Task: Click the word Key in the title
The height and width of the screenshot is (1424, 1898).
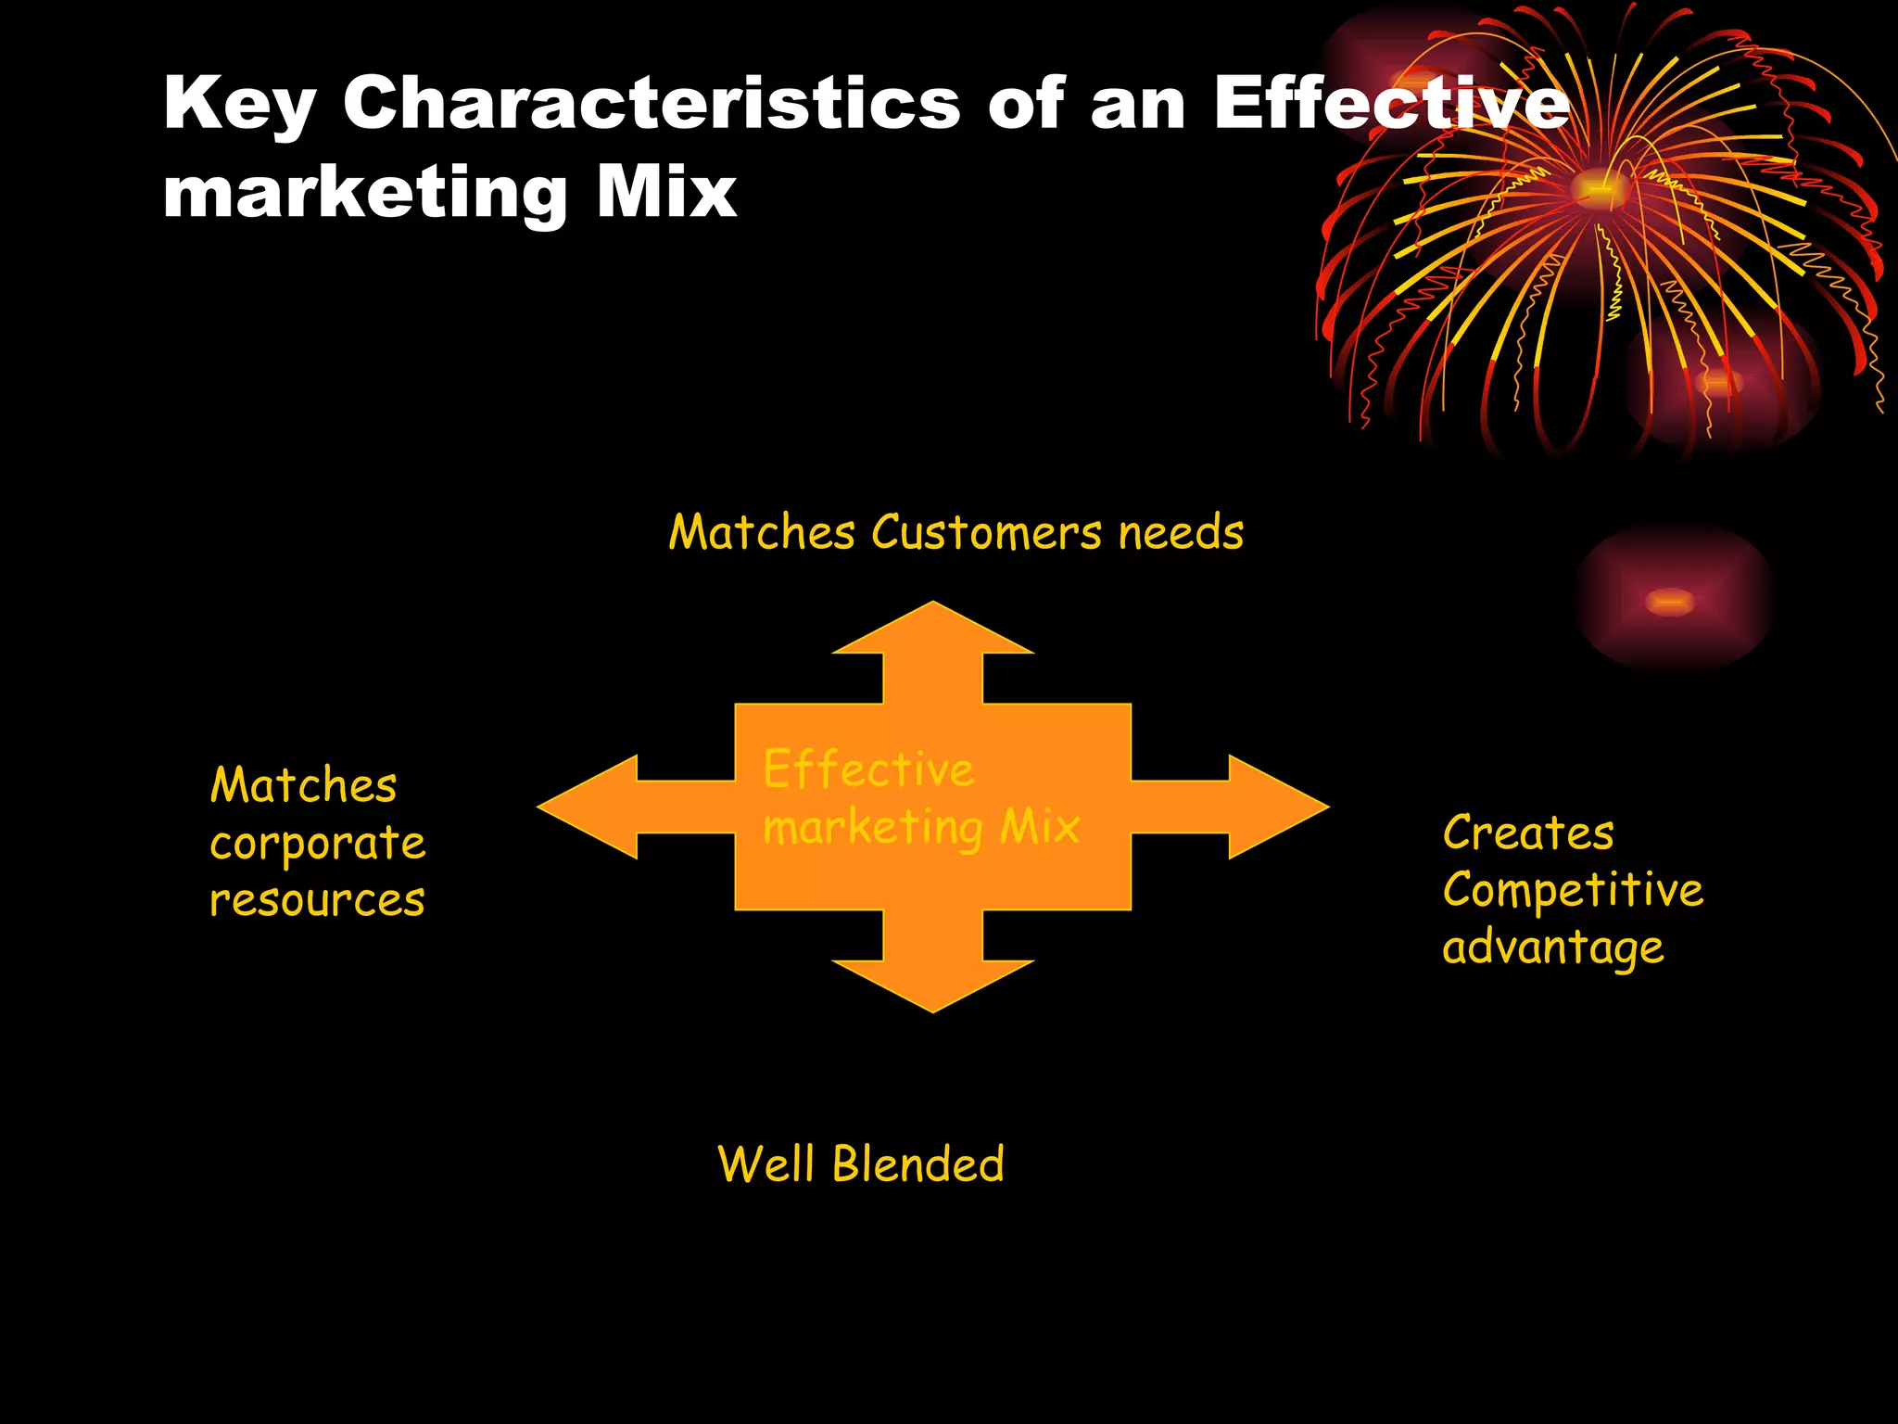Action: (239, 104)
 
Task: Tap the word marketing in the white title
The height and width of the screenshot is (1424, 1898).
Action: (364, 195)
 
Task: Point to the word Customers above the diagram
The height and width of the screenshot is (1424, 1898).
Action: (986, 533)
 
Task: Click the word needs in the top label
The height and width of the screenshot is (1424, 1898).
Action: (1181, 533)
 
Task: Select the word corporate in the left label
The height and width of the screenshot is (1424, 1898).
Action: (318, 844)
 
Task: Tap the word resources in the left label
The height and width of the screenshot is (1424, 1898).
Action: (317, 900)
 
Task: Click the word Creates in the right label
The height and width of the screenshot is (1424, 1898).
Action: (1528, 833)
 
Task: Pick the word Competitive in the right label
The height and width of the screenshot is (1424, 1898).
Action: (1573, 890)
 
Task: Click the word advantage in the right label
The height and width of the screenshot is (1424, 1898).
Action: (1553, 947)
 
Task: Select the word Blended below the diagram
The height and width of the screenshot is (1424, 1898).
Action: (917, 1164)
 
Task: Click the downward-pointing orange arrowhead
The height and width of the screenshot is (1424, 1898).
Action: (932, 983)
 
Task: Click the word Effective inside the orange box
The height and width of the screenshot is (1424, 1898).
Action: (868, 769)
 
